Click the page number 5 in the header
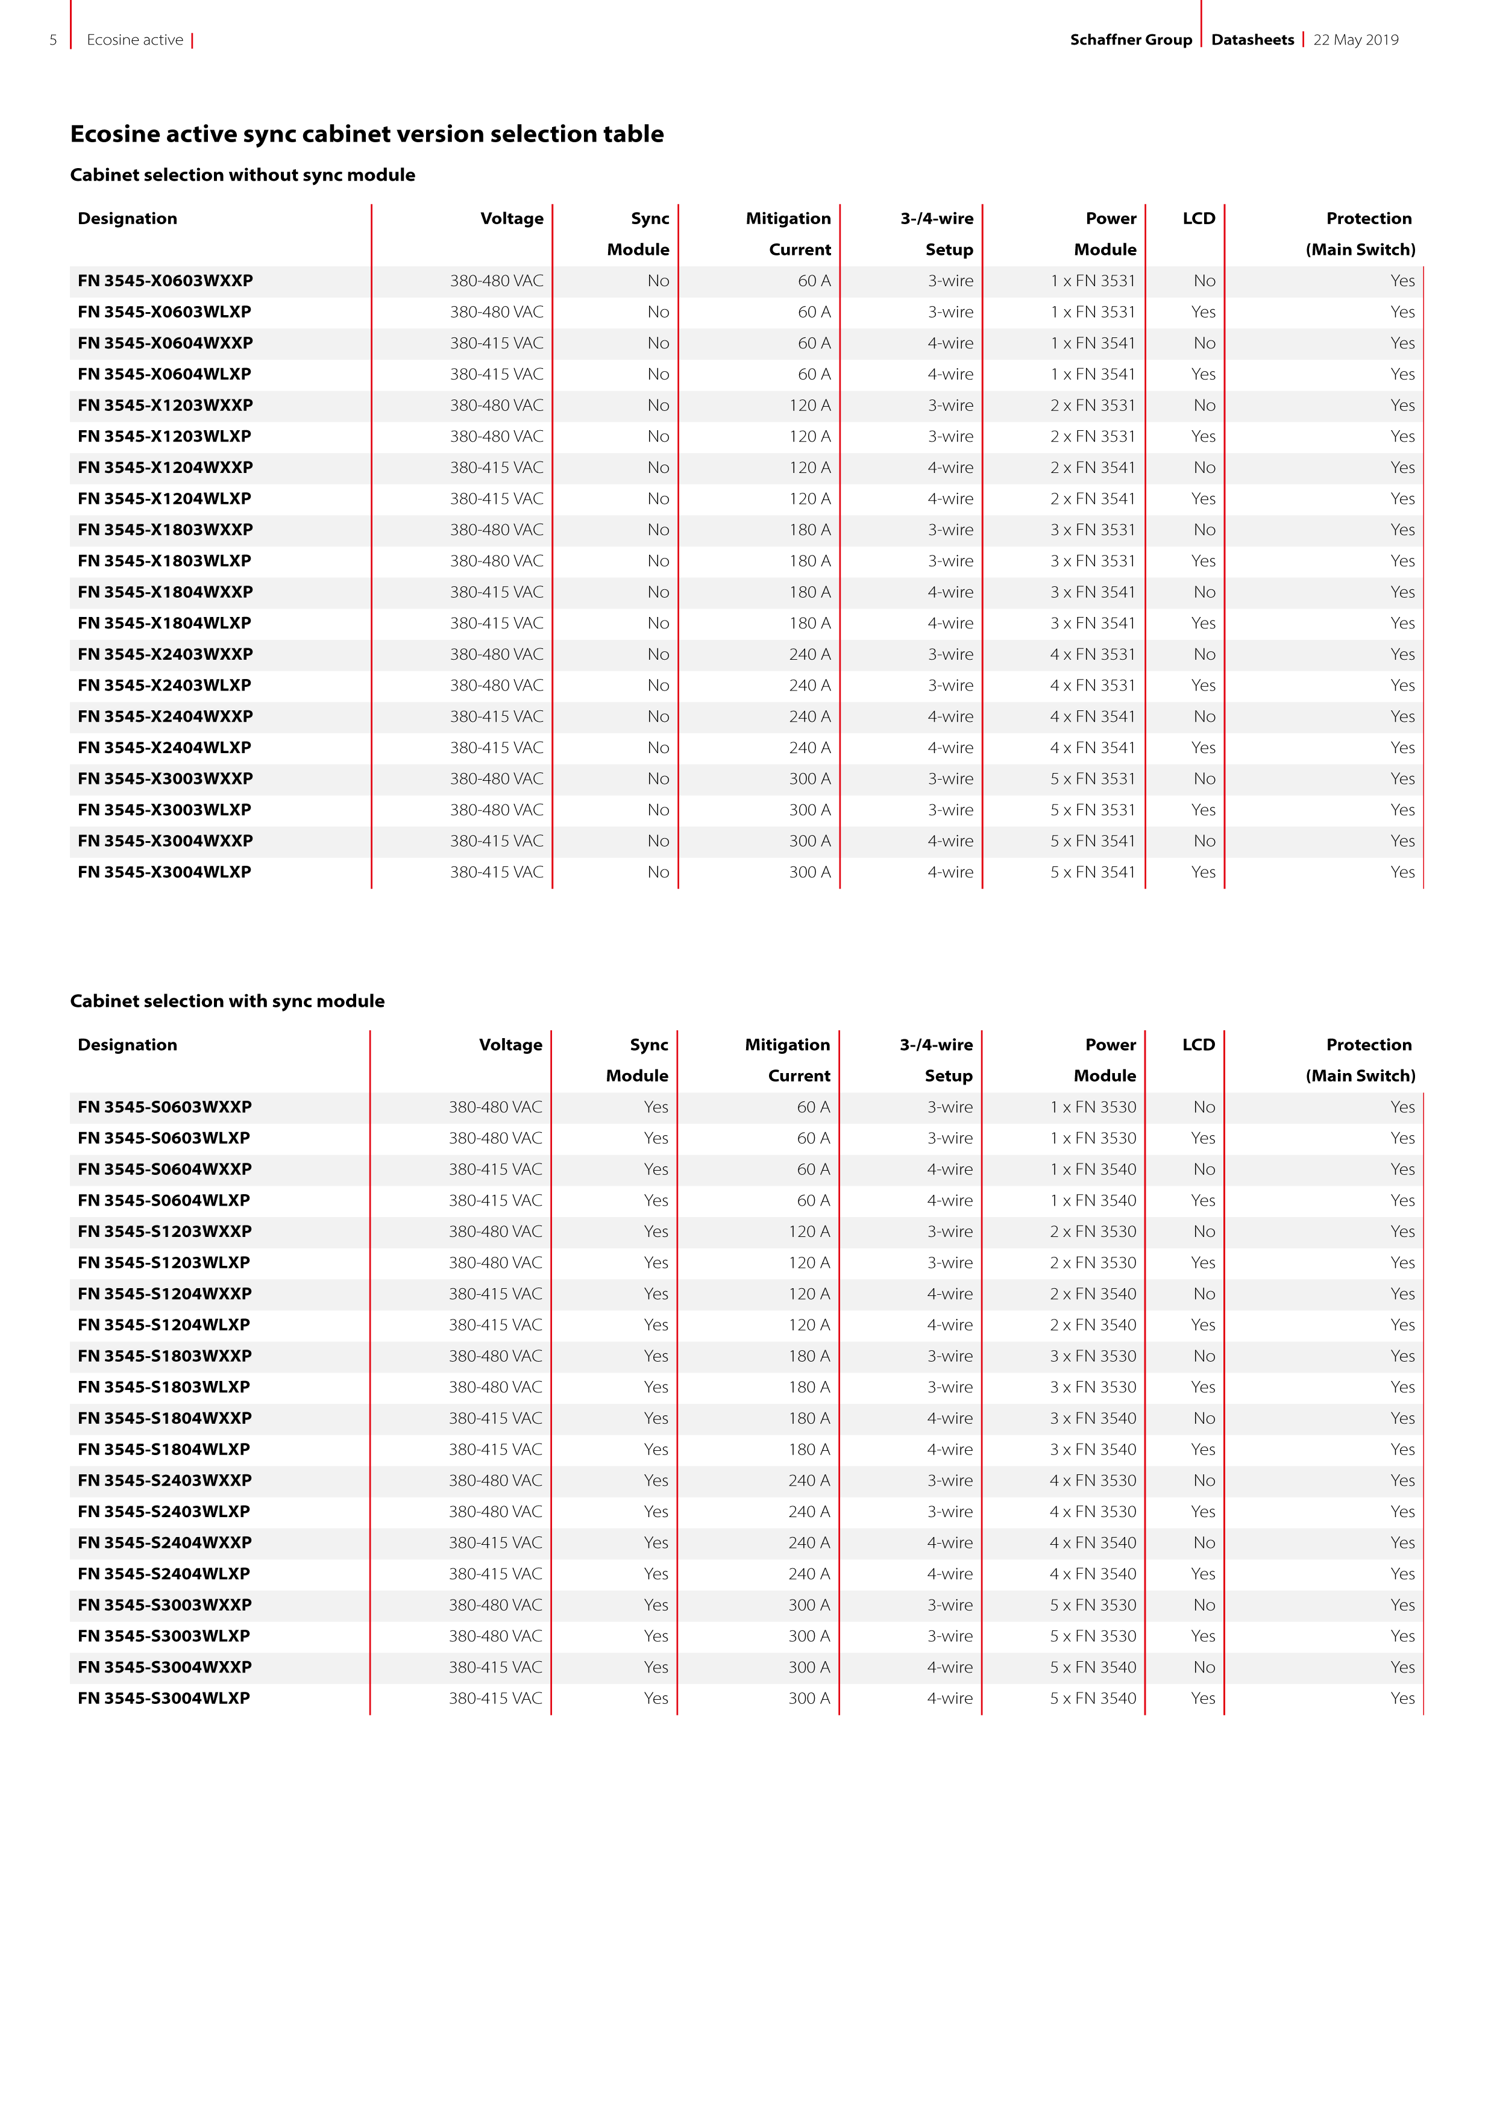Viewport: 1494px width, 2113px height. tap(54, 40)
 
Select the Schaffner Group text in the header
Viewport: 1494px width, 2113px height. tap(1131, 40)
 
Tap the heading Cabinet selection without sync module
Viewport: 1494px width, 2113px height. tap(242, 175)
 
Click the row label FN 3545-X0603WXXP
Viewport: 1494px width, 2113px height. tap(166, 281)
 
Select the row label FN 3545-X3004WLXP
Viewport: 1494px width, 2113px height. tap(165, 871)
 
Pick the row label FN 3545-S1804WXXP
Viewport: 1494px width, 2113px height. tap(165, 1418)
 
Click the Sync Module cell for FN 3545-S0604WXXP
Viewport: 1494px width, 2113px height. tap(656, 1169)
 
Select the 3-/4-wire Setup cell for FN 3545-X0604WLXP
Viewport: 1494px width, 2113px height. tap(950, 374)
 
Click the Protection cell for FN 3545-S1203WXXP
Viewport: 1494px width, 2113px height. tap(1402, 1232)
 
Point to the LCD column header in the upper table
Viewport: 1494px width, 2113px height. tap(1199, 218)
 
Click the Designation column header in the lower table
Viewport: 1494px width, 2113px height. tap(127, 1045)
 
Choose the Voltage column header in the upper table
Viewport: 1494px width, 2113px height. tap(512, 218)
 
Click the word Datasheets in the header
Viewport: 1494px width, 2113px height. tap(1252, 40)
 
